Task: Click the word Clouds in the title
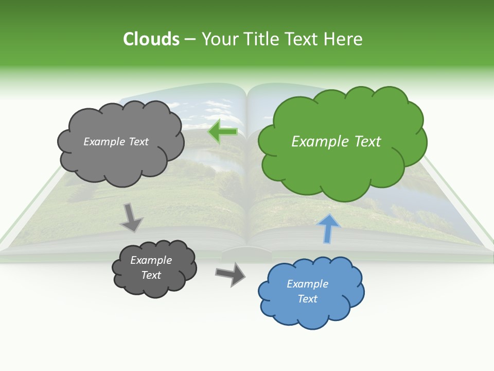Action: (x=151, y=39)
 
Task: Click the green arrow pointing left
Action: (x=223, y=132)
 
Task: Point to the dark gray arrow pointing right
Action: (x=231, y=274)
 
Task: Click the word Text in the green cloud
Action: (x=367, y=142)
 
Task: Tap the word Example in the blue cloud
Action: (x=307, y=284)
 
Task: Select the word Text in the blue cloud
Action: (x=307, y=299)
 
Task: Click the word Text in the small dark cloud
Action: (x=151, y=275)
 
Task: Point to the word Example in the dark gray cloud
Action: (x=151, y=260)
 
